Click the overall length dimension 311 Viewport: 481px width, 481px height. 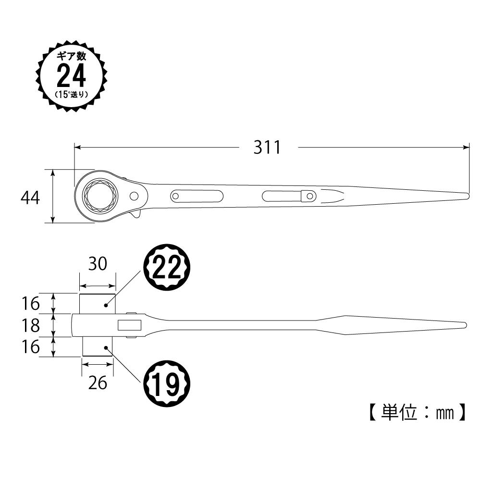267,148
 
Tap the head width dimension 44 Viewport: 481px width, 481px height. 30,198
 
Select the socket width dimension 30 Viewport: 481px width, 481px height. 98,264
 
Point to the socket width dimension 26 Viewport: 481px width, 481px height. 98,383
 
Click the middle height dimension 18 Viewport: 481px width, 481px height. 31,326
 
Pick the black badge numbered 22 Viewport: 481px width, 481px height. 167,267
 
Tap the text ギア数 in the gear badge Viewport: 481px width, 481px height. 72,56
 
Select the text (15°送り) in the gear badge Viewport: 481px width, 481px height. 72,95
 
